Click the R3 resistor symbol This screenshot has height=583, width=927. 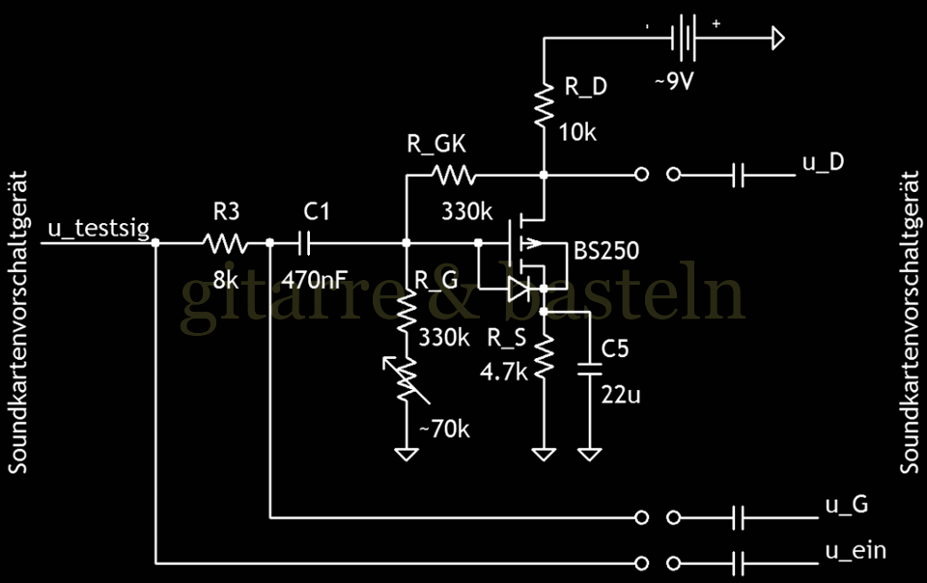point(224,242)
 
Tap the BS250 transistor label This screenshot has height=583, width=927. point(606,252)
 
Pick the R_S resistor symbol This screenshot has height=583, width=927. point(545,356)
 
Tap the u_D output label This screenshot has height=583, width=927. point(823,161)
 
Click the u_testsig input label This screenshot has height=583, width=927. point(98,228)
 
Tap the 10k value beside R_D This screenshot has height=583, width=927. point(578,131)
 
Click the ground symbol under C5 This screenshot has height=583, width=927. point(589,452)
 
